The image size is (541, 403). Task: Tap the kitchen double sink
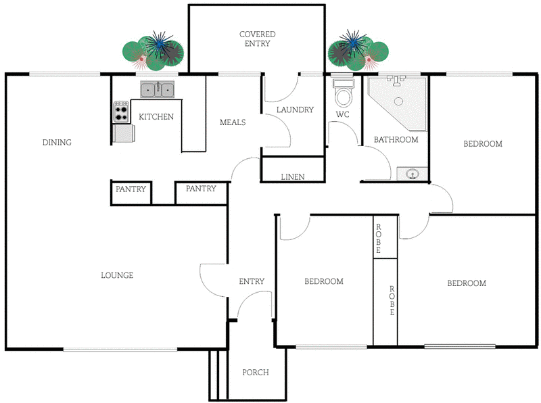tap(158, 89)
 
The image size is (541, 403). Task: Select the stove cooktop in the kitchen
tap(122, 112)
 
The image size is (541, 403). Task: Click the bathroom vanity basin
tap(412, 174)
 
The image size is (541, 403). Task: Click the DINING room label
tap(57, 143)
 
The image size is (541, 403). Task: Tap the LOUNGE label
tap(117, 275)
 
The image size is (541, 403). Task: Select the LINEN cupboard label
tap(293, 177)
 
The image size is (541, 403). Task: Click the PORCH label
tap(256, 373)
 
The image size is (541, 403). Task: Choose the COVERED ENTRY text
tap(257, 39)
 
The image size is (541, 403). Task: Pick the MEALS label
tap(233, 122)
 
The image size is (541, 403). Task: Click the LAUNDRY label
tap(296, 110)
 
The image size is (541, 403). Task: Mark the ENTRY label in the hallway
tap(252, 281)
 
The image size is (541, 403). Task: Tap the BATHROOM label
tap(396, 140)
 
